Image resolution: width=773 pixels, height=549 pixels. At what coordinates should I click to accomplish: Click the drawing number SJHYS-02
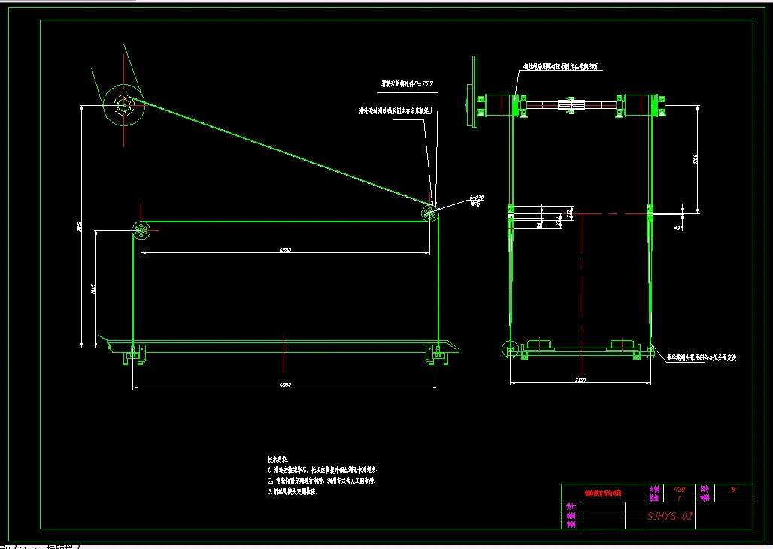[x=669, y=516]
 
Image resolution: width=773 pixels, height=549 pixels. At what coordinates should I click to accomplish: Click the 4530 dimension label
[x=285, y=249]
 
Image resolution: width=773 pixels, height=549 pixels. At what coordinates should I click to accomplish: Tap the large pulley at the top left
[x=123, y=106]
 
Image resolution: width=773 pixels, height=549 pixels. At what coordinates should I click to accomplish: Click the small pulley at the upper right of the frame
[x=429, y=213]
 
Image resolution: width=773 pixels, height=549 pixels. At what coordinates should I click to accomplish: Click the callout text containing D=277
[x=407, y=84]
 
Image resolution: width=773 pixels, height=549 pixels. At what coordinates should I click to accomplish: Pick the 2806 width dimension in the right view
[x=580, y=380]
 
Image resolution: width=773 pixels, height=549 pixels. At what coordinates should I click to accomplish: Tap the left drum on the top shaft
[x=496, y=105]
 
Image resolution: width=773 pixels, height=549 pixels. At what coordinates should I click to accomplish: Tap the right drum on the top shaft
[x=642, y=105]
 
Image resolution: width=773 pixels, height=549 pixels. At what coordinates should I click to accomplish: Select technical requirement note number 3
[x=293, y=492]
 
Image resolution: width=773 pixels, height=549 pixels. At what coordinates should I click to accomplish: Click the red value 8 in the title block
[x=733, y=488]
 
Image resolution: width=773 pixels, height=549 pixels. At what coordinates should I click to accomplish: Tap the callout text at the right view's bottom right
[x=701, y=358]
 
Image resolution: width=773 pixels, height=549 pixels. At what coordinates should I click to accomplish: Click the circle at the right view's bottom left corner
[x=509, y=348]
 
